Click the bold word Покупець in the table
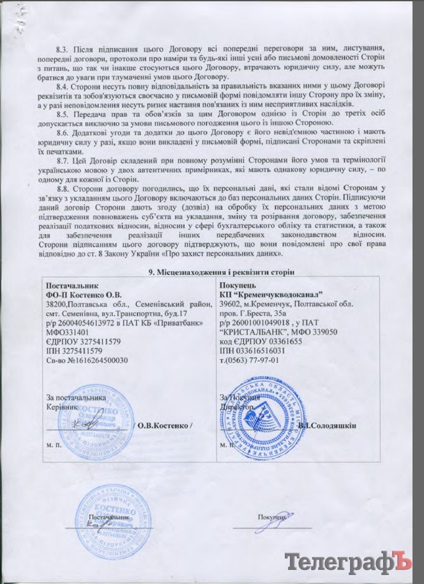(238, 284)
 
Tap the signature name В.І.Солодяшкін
(326, 426)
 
